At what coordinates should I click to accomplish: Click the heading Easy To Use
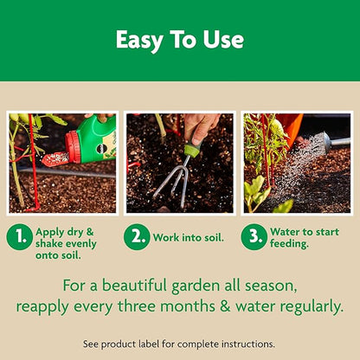tap(180, 40)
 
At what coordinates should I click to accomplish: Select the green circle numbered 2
tap(136, 237)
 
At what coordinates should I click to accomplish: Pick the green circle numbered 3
tap(254, 237)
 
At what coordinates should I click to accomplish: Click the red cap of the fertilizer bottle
tap(73, 149)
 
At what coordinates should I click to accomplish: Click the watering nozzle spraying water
tap(322, 139)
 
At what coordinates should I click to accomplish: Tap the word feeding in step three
tap(292, 244)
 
